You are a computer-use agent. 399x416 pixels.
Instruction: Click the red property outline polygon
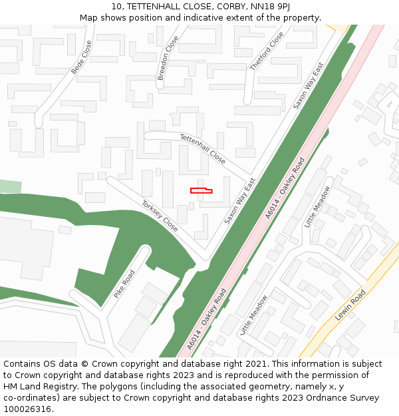click(201, 191)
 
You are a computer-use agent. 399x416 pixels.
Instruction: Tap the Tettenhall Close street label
click(203, 148)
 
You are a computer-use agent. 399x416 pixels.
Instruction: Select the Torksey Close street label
click(160, 216)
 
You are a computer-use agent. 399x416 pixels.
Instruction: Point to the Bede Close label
click(81, 57)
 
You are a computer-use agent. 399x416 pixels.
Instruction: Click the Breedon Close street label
click(168, 59)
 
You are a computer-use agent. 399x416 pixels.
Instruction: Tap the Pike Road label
click(124, 284)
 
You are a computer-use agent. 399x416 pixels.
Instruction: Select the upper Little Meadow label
click(317, 207)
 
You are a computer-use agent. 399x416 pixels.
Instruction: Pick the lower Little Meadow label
click(253, 315)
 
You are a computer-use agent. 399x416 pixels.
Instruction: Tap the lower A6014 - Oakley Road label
click(207, 319)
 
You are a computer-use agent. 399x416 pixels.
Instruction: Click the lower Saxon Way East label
click(240, 200)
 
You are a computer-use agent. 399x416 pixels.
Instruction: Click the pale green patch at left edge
click(10, 186)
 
